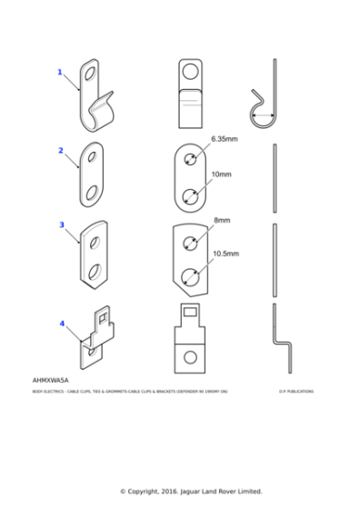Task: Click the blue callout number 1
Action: click(x=60, y=72)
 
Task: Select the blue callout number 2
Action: click(x=61, y=150)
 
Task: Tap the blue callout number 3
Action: click(x=62, y=224)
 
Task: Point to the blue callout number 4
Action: click(x=62, y=323)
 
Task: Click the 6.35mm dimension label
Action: click(x=224, y=139)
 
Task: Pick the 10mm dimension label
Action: click(x=221, y=174)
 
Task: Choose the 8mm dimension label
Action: click(x=222, y=220)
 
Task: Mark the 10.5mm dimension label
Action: click(x=225, y=254)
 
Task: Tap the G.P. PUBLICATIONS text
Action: click(x=296, y=392)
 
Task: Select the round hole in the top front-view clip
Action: click(x=191, y=72)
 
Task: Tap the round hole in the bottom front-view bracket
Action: click(x=190, y=356)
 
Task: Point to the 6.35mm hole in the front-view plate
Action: click(x=190, y=160)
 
